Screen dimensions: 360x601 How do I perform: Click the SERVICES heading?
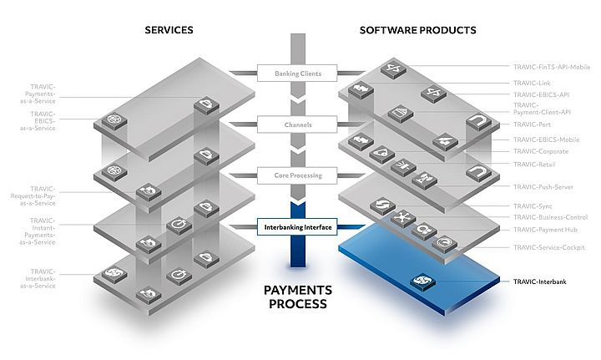[169, 30]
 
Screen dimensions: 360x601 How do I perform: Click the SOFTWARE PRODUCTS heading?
[417, 30]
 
